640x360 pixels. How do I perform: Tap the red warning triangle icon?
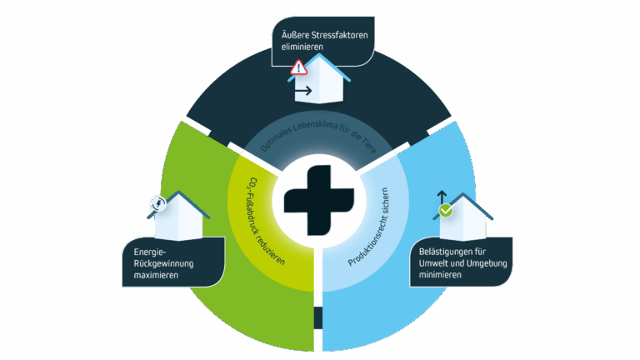(x=298, y=70)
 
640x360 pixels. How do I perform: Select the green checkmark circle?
(x=447, y=211)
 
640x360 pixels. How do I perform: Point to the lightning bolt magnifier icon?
(x=157, y=202)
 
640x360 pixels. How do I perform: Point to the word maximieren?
(x=151, y=275)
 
